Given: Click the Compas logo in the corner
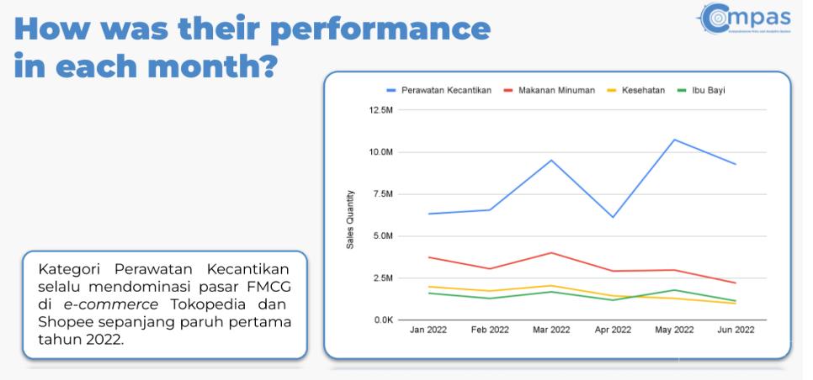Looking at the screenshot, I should pyautogui.click(x=745, y=18).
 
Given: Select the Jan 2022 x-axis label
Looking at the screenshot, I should pyautogui.click(x=428, y=330).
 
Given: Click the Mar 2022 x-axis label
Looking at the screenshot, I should pyautogui.click(x=551, y=330).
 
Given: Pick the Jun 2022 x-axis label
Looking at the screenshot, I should pyautogui.click(x=735, y=330).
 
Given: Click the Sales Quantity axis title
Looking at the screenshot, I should pyautogui.click(x=350, y=219).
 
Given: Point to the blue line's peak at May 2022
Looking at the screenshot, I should pyautogui.click(x=674, y=140).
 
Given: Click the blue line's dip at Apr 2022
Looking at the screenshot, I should pyautogui.click(x=613, y=217).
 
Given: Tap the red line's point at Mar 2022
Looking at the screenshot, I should pyautogui.click(x=551, y=252).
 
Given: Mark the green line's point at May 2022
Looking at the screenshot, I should pyautogui.click(x=674, y=290).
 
